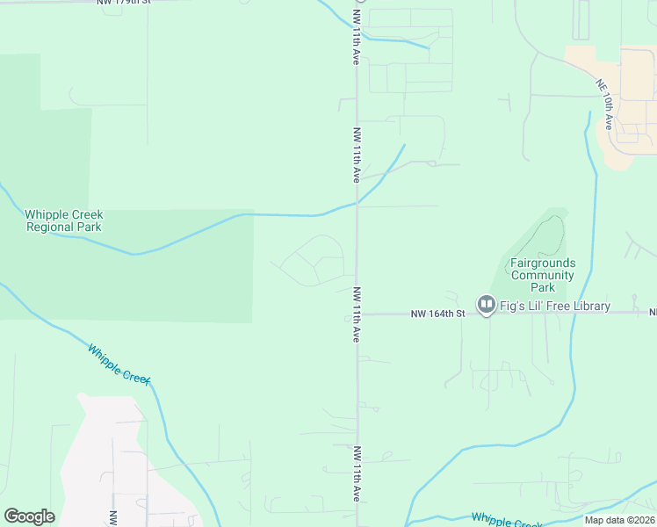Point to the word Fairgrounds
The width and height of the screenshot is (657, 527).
[543, 263]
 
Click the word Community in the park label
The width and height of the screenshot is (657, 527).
[543, 275]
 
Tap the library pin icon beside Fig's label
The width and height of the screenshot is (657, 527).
[486, 305]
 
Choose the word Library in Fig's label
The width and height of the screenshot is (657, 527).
[588, 306]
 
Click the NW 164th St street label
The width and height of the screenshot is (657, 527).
[437, 314]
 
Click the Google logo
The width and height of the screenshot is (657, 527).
[30, 516]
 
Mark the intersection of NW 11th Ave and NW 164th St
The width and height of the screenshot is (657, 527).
[357, 314]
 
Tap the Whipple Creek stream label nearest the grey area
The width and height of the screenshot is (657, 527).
[119, 363]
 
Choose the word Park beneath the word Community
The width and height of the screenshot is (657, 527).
[543, 287]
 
